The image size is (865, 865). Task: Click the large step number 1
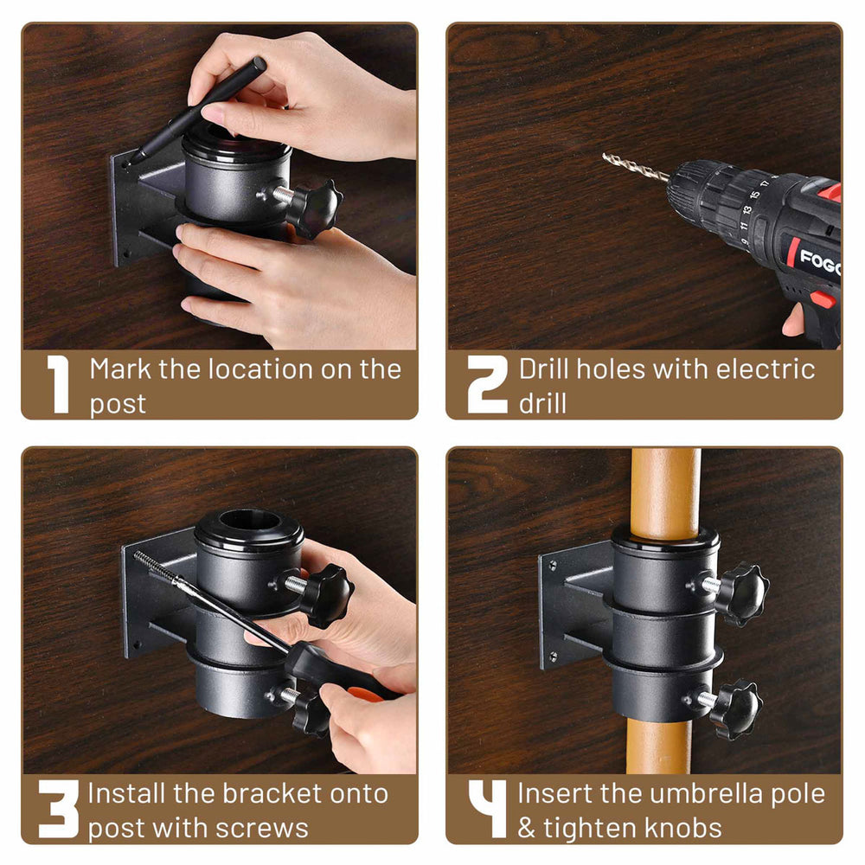coord(58,384)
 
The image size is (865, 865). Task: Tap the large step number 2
coord(486,384)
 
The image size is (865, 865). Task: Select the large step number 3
coord(58,808)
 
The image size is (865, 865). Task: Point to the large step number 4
coord(487,808)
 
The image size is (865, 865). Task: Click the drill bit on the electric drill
coord(636,167)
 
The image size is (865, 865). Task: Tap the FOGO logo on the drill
coord(817,260)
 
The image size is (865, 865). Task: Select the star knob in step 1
coord(313,207)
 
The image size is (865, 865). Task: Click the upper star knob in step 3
coord(326,594)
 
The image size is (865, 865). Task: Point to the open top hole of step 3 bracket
coord(248,522)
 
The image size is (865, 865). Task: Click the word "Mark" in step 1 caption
coord(122,369)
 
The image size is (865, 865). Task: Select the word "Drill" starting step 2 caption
coord(544,369)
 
